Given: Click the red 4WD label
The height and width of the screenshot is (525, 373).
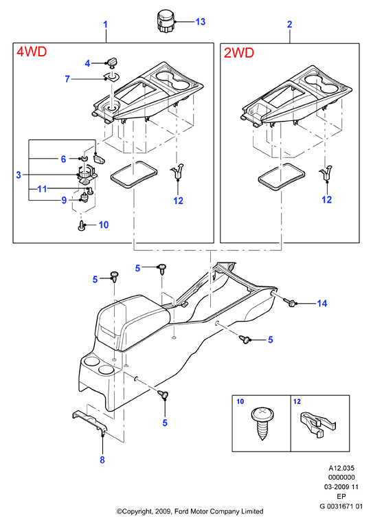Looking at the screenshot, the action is [32, 52].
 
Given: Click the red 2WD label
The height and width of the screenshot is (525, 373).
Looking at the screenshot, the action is [239, 53].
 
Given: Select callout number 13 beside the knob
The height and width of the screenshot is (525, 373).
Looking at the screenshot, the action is [200, 22].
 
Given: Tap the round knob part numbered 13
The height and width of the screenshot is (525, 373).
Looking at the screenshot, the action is [166, 21].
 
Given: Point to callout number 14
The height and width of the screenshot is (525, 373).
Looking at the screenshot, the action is [321, 303].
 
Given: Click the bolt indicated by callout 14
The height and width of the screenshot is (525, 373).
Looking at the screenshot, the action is [291, 302].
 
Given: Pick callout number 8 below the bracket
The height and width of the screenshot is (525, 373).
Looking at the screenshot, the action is [102, 460].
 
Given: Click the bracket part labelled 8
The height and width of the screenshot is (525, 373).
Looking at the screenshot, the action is [89, 422].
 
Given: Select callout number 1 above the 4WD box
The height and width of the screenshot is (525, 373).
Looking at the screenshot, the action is [106, 25].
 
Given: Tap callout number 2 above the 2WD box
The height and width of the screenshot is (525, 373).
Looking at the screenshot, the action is [290, 24].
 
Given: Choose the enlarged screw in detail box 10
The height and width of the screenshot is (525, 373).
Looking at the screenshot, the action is [262, 423].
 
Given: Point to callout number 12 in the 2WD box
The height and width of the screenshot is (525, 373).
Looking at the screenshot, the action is [326, 200].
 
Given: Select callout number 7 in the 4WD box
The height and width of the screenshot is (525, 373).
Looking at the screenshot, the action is [67, 79].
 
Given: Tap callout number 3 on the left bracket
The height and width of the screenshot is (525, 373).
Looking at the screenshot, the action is [19, 175].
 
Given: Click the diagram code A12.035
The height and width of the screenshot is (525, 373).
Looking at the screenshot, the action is [341, 468].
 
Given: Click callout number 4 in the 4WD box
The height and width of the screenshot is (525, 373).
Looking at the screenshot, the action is [87, 63].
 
